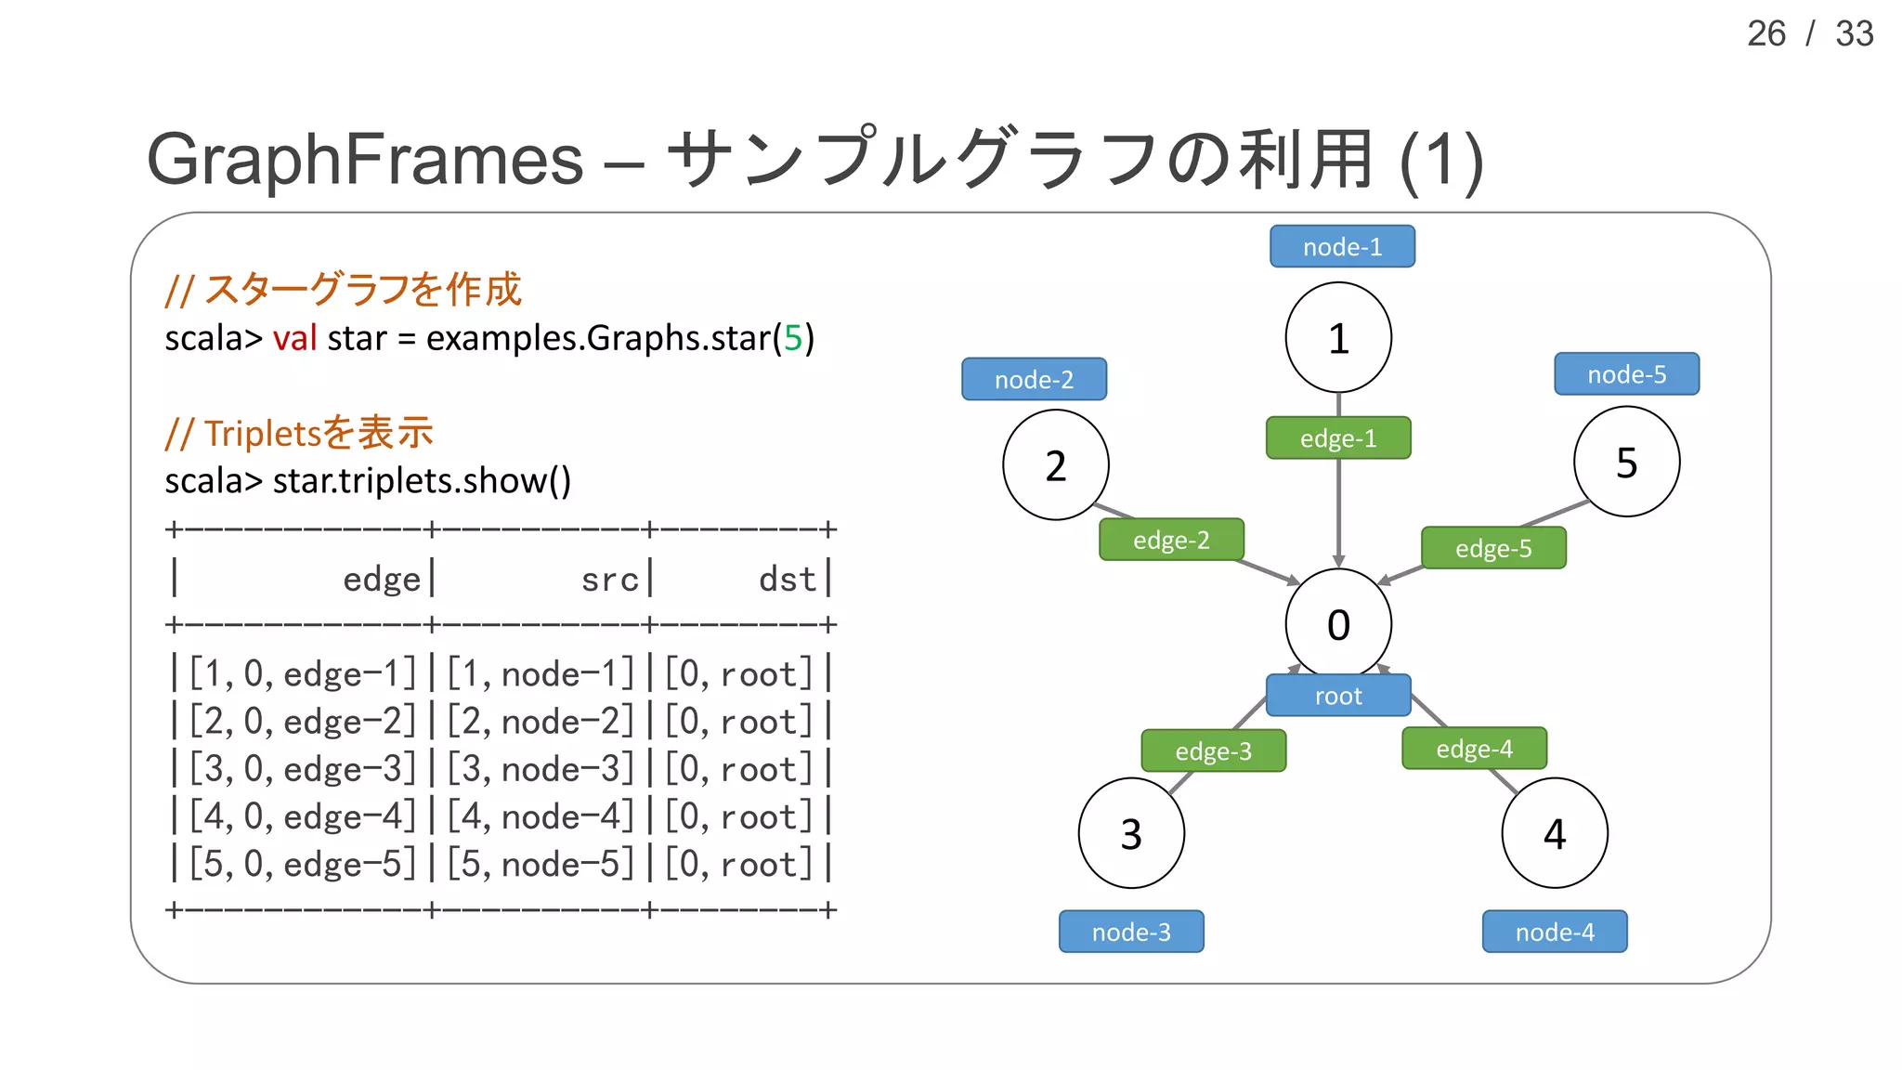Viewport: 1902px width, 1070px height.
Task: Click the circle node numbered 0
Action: [x=1337, y=623]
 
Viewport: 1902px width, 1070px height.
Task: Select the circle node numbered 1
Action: [x=1337, y=337]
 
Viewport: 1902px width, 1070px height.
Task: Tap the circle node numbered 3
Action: [x=1130, y=833]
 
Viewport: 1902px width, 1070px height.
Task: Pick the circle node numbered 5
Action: [x=1626, y=462]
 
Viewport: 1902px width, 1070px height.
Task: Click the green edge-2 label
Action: [x=1171, y=540]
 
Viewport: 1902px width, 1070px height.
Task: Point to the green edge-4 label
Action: [x=1474, y=749]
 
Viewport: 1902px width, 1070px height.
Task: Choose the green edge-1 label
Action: [x=1337, y=438]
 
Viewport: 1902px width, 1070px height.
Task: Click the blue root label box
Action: [x=1337, y=696]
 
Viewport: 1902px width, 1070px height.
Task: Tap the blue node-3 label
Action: [x=1130, y=932]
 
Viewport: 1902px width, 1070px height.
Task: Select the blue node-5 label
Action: [x=1626, y=374]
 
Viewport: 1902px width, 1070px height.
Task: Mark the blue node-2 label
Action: [x=1034, y=379]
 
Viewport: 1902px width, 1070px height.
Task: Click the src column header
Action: [x=610, y=580]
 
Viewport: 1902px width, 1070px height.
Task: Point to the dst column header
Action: [x=787, y=580]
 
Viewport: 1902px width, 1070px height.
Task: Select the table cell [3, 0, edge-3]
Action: [x=303, y=769]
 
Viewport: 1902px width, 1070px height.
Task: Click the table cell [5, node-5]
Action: [x=541, y=864]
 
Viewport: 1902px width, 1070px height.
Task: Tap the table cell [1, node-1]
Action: [x=541, y=674]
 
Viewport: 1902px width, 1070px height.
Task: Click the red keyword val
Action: [x=294, y=338]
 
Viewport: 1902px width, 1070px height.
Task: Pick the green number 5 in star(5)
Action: [x=792, y=338]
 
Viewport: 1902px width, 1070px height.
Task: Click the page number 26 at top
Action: [x=1765, y=34]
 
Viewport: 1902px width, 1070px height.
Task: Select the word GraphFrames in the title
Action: [x=365, y=160]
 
